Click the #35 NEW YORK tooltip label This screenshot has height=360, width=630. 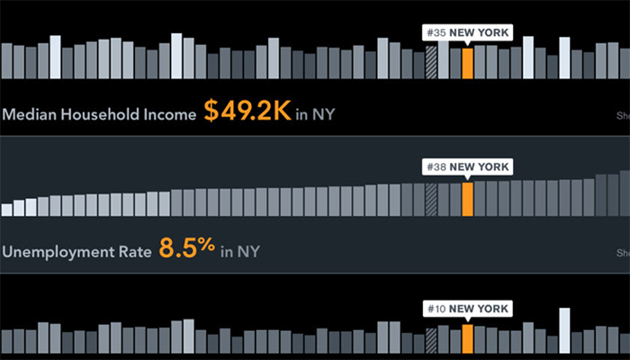(467, 32)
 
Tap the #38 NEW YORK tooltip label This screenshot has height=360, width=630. (467, 166)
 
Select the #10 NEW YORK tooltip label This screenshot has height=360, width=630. (467, 309)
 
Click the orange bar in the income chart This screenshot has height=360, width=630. (467, 64)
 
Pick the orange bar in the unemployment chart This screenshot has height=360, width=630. (467, 199)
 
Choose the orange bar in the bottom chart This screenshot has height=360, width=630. (467, 338)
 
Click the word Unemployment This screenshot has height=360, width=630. (58, 250)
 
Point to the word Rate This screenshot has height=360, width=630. (135, 250)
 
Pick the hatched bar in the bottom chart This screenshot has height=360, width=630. (431, 339)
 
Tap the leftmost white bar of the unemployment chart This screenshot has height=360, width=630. (6, 210)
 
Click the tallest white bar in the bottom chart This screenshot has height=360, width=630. (563, 331)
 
